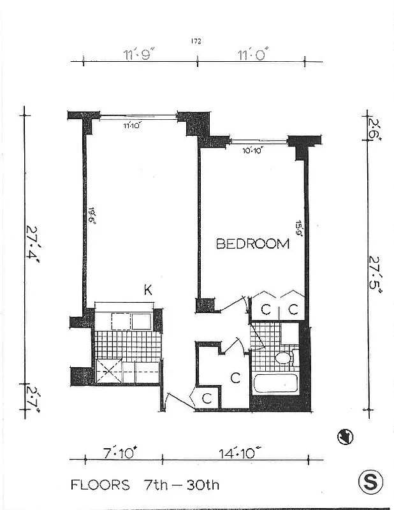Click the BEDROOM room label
pyautogui.click(x=252, y=244)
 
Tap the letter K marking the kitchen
pyautogui.click(x=148, y=291)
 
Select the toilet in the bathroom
pyautogui.click(x=283, y=358)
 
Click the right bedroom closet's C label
pyautogui.click(x=293, y=310)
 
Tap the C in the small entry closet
pyautogui.click(x=206, y=399)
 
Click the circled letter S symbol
pyautogui.click(x=370, y=481)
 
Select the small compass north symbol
pyautogui.click(x=345, y=436)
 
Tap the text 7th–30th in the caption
pyautogui.click(x=177, y=485)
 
